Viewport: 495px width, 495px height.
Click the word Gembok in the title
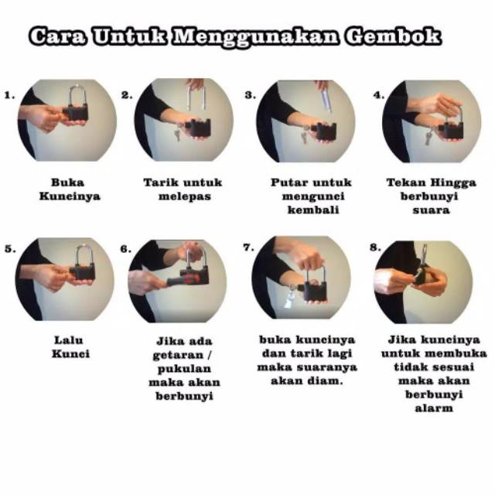point(393,36)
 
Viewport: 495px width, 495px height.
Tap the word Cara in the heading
point(57,36)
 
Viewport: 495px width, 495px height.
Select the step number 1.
point(9,95)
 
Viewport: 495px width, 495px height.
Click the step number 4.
point(378,95)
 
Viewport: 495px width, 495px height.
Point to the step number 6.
point(125,249)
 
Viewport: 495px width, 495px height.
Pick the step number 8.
point(375,247)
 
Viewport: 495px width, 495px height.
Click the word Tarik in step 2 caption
point(160,183)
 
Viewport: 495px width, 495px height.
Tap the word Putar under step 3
point(289,183)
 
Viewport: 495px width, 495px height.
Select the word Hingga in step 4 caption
point(453,183)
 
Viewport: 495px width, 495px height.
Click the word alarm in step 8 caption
point(434,408)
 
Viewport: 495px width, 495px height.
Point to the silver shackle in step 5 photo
point(84,256)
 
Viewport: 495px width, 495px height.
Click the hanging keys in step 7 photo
point(290,297)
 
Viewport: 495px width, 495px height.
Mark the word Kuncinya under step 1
point(70,196)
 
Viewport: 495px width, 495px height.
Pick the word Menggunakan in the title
point(256,37)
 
